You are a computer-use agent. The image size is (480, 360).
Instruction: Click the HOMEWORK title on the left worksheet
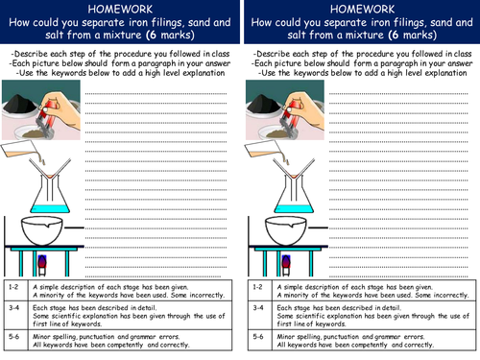[x=120, y=9]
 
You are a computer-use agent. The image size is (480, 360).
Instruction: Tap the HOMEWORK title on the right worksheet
[x=362, y=9]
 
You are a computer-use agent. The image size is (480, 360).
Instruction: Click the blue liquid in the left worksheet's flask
[x=50, y=208]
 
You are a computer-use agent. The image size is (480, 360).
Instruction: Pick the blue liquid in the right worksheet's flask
[x=294, y=208]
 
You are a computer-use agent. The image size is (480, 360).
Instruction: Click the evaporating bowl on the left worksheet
[x=42, y=230]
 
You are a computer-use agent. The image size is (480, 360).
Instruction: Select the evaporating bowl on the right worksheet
[x=286, y=230]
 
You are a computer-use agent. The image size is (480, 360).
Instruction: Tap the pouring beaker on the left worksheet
[x=19, y=149]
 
